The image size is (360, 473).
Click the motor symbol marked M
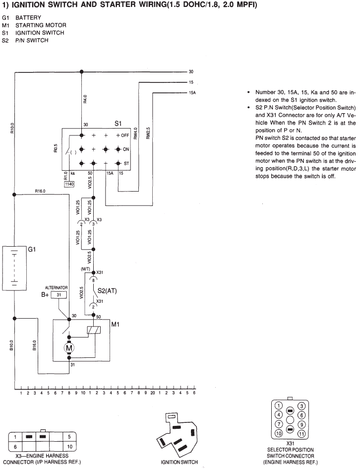coord(69,348)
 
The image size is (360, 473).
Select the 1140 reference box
coord(69,184)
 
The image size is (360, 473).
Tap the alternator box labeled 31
coord(59,295)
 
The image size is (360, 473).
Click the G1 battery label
coord(32,250)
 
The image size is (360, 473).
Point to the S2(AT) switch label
coord(107,291)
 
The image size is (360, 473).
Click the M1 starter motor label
coord(116,324)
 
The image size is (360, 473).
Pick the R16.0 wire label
coord(40,191)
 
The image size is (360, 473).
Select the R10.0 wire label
coord(12,128)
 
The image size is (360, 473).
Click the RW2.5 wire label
coord(148,133)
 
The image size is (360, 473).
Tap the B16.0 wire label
coord(34,345)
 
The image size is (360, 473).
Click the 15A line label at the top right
coord(192,93)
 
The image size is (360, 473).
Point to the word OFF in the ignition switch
coord(125,135)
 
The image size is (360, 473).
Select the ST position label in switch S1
coord(126,163)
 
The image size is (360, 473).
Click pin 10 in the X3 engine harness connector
coord(69,447)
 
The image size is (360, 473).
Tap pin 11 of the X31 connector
coord(301,434)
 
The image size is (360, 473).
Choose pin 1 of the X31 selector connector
coord(279,405)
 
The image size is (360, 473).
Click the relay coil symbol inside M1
coord(94,330)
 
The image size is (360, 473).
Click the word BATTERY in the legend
coord(28,17)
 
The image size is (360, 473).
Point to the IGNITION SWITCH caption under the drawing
coord(179,462)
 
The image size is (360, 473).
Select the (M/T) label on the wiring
coord(85,269)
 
